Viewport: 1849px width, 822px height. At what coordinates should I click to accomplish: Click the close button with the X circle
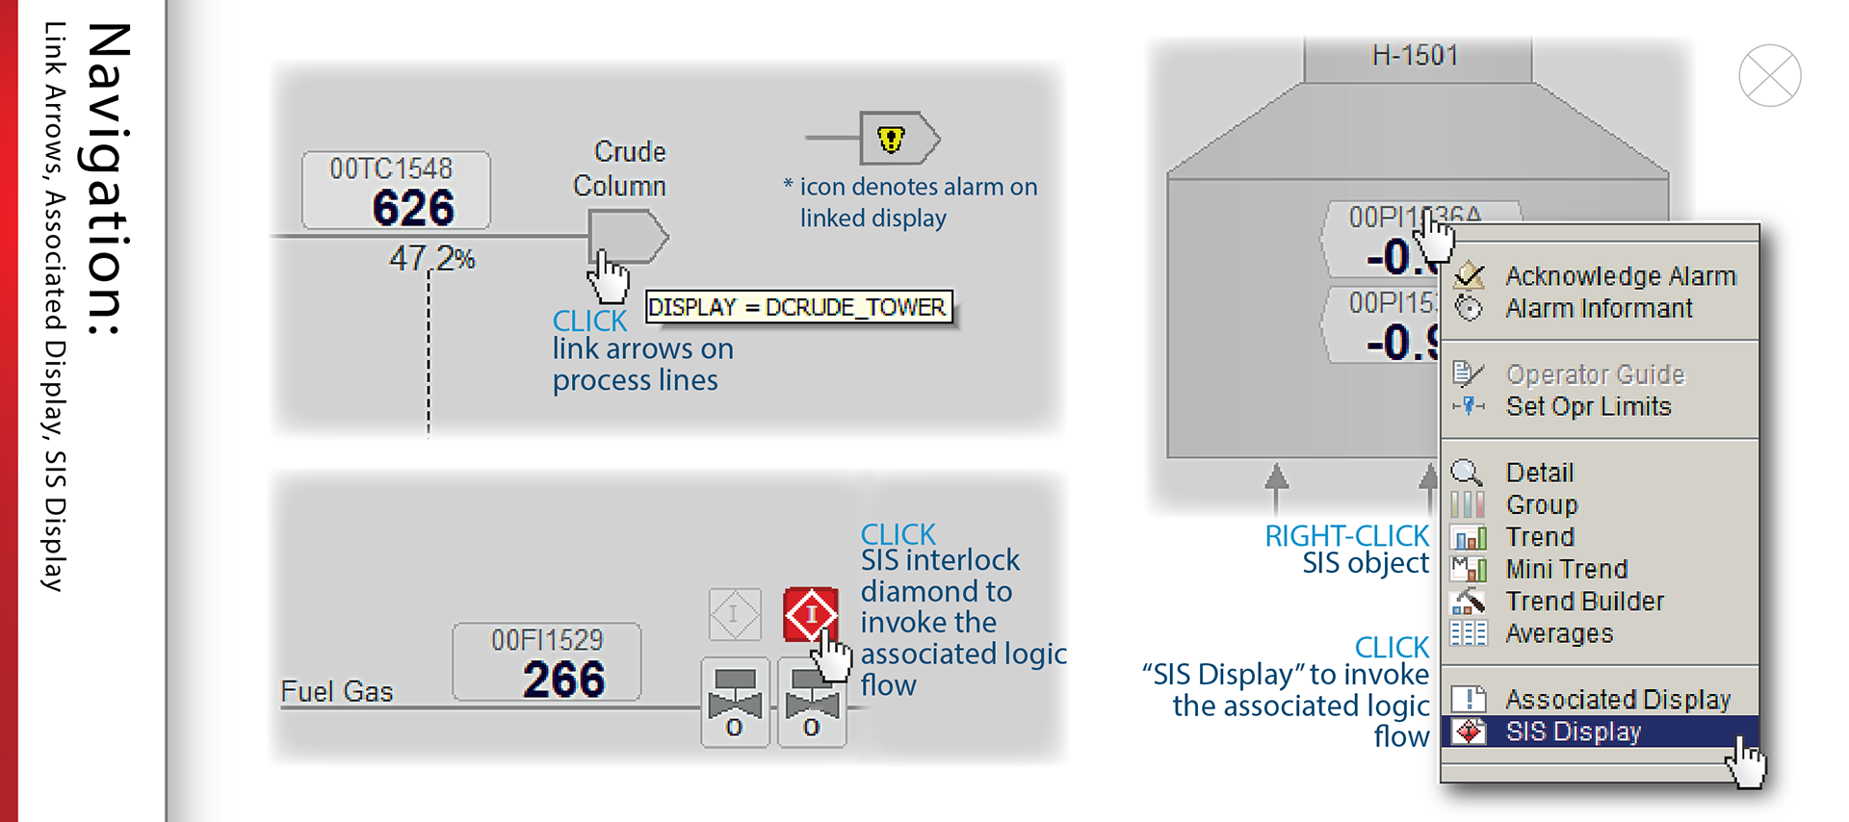coord(1769,76)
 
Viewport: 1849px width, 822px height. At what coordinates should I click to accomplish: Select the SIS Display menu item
coord(1574,732)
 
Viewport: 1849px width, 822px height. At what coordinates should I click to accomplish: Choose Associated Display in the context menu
coord(1617,700)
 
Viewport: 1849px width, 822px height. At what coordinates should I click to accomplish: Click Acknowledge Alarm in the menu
coord(1620,277)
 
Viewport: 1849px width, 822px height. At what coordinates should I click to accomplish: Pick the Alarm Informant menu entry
coord(1599,309)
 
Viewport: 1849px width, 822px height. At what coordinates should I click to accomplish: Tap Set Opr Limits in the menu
coord(1588,407)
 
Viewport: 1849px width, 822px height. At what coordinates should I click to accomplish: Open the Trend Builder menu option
coord(1584,602)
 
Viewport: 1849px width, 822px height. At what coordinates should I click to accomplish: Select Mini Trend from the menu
coord(1566,570)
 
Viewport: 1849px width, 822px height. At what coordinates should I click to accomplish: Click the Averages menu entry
coord(1558,634)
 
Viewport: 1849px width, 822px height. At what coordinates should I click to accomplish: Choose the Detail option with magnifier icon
coord(1539,473)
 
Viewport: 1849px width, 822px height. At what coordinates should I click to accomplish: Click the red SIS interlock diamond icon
coord(811,614)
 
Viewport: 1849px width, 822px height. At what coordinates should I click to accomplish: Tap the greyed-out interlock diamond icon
coord(735,614)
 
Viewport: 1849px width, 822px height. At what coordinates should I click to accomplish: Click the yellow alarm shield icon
coord(892,140)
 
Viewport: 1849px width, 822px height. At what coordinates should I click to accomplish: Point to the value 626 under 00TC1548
coord(413,208)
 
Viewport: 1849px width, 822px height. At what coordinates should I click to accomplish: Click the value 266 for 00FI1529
coord(563,680)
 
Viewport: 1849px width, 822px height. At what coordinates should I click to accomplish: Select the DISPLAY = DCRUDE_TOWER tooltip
coord(797,307)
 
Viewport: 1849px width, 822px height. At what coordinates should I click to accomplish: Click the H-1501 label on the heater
coord(1415,56)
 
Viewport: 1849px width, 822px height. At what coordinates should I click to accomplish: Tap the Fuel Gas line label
coord(336,692)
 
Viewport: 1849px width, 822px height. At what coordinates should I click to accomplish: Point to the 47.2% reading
coord(431,258)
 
